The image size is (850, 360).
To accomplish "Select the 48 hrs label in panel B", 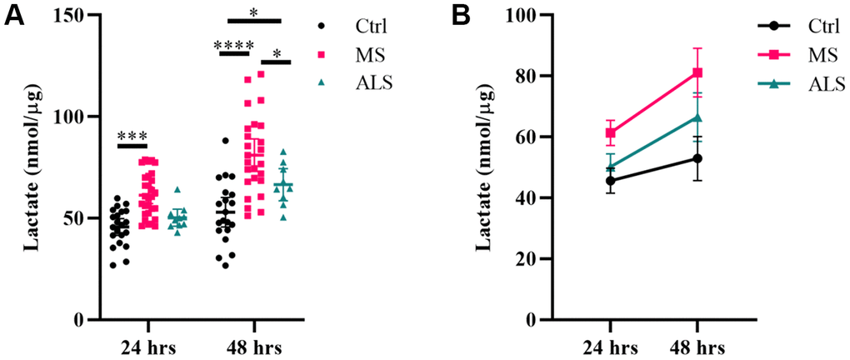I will click(698, 346).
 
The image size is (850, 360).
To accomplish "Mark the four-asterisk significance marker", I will click(234, 45).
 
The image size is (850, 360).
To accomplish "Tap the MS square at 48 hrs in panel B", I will click(698, 72).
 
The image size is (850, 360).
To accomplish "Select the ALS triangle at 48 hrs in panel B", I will click(698, 117).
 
